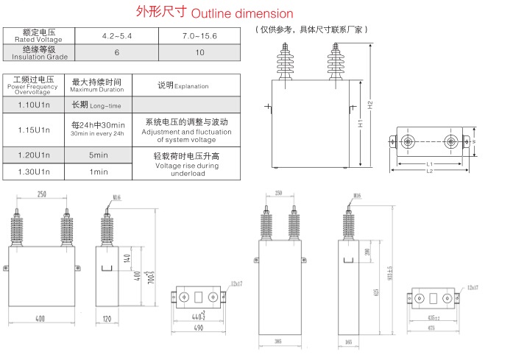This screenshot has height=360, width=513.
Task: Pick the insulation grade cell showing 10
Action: [x=199, y=53]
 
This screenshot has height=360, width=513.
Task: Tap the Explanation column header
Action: [x=183, y=85]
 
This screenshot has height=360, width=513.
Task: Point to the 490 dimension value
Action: [x=198, y=327]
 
